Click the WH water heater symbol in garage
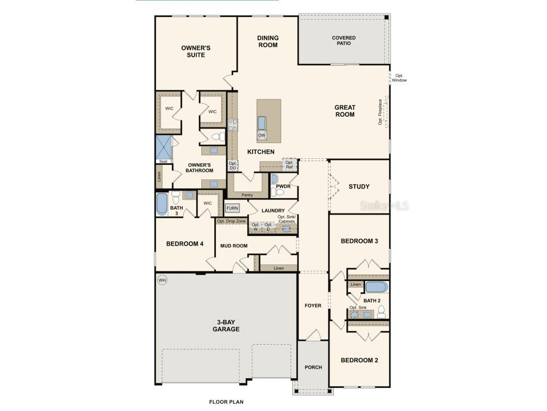coord(162,280)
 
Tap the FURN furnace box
coord(232,208)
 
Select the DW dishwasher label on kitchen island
coord(262,135)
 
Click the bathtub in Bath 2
coord(377,287)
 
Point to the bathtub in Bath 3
coord(162,204)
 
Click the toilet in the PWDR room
coord(275,192)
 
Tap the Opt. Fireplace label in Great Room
coord(380,112)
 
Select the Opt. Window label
coord(400,78)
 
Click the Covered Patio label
coord(343,41)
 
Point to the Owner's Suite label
coord(196,51)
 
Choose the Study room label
coord(359,187)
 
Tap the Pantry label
coord(247,195)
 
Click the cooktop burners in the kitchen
coord(233,125)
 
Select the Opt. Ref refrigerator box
coord(290,164)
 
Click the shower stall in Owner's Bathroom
coord(163,147)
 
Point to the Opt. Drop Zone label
coord(231,221)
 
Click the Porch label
coord(313,367)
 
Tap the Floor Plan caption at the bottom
coord(226,401)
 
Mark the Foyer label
coord(313,306)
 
